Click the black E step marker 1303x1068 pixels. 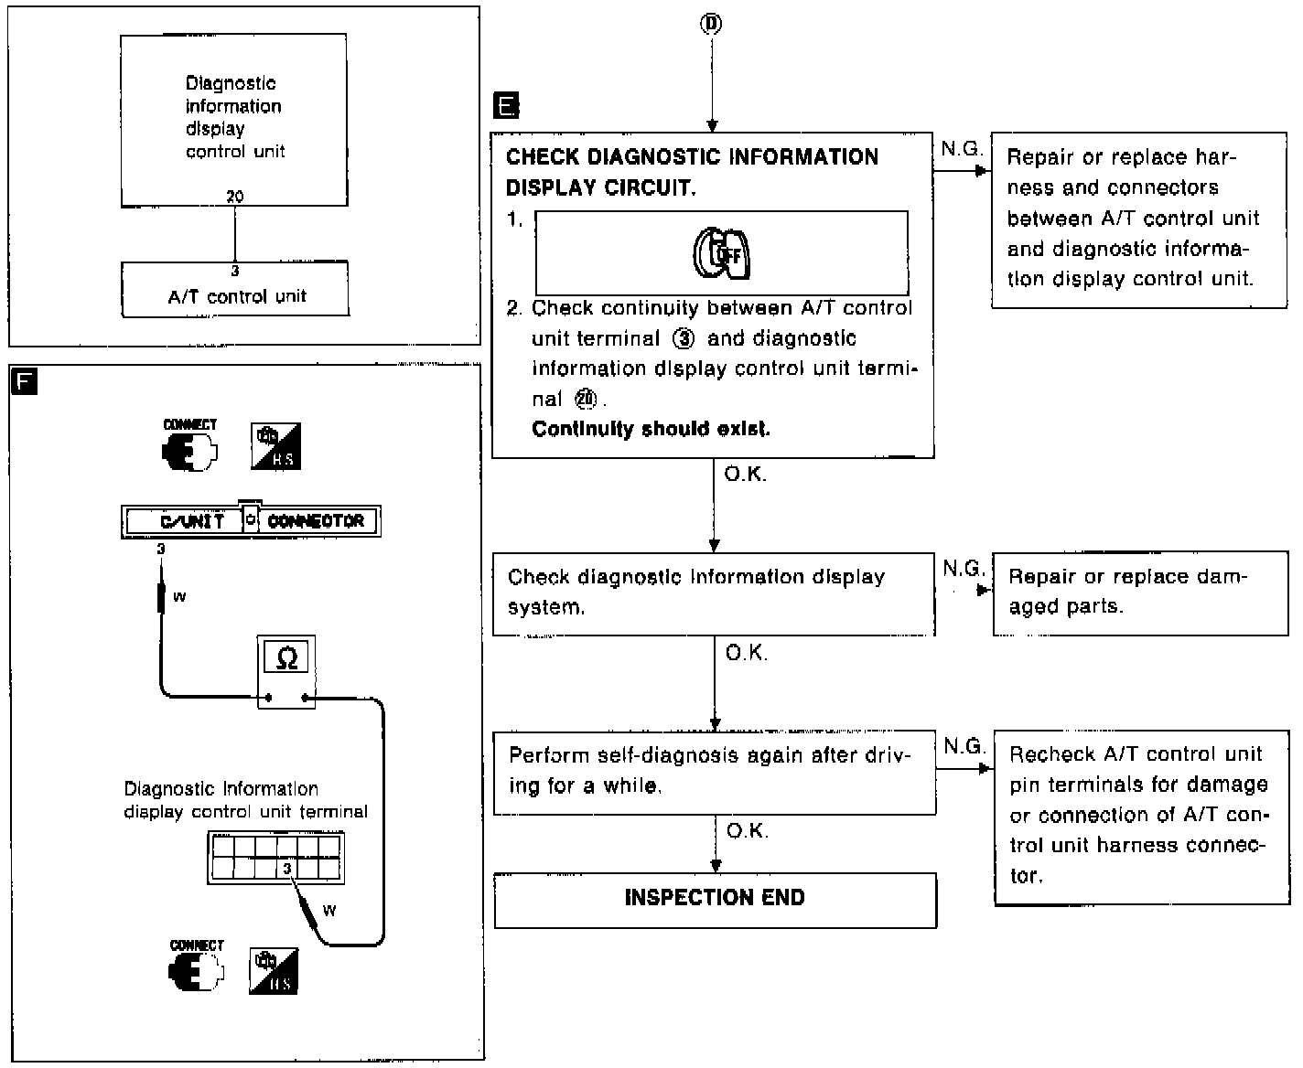[x=505, y=105]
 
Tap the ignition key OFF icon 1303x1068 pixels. [x=721, y=254]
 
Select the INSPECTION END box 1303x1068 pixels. [x=715, y=900]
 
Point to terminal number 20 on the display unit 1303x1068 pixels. [x=235, y=197]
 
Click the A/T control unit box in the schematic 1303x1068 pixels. [x=235, y=291]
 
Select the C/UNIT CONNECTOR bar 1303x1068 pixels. [x=251, y=521]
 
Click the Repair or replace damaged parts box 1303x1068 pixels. [x=1139, y=593]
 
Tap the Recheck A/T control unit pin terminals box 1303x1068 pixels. [x=1139, y=816]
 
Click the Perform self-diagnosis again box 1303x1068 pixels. [x=714, y=772]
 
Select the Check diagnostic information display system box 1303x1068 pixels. [x=713, y=593]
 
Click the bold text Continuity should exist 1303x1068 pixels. [x=651, y=429]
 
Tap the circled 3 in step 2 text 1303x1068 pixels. [x=683, y=339]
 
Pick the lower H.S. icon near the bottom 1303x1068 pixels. [x=274, y=972]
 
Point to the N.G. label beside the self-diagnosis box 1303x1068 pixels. [x=964, y=746]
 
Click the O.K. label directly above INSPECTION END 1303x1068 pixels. [x=747, y=831]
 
